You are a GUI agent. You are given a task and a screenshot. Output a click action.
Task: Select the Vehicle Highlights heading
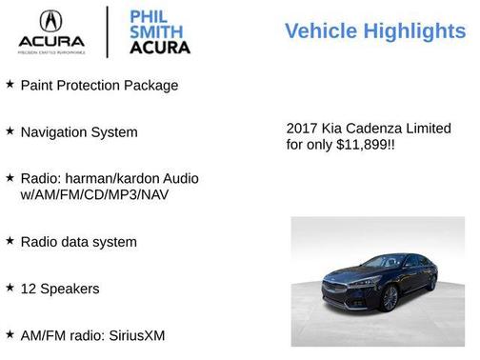(x=375, y=30)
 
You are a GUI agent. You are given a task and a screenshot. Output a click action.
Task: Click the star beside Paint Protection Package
(x=10, y=85)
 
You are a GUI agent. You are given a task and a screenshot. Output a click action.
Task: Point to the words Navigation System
(x=79, y=132)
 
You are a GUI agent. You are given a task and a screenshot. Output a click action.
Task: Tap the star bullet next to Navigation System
(x=10, y=131)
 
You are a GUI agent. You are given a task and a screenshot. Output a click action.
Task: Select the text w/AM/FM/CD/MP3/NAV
(x=93, y=195)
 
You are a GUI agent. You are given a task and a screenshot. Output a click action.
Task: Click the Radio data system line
(x=79, y=242)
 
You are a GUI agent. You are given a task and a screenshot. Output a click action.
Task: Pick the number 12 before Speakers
(x=29, y=288)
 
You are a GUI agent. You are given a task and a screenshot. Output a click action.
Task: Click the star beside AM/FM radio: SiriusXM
(x=10, y=333)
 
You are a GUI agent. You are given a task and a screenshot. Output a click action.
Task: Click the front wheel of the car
(x=390, y=297)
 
